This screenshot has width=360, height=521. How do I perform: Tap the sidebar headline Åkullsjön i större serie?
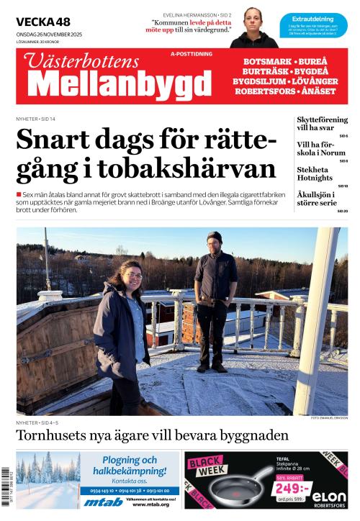coord(320,199)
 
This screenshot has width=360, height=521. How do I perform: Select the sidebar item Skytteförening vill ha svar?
coord(322,123)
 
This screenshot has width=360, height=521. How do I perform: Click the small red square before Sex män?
coord(19,194)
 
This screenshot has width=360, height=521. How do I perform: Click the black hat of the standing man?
coord(214,237)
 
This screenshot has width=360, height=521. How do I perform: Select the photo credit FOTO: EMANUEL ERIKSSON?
coord(329,418)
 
